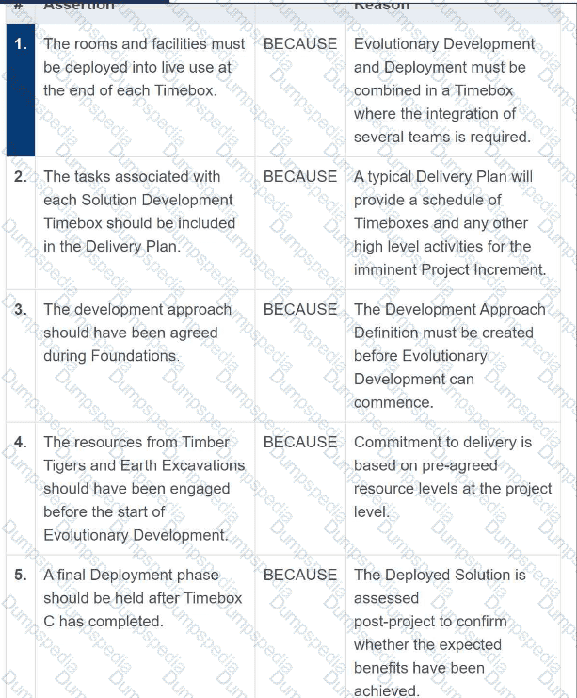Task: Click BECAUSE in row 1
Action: tap(299, 43)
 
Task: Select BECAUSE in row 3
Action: tap(299, 309)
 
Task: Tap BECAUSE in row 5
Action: tap(299, 575)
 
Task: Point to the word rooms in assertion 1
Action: tap(95, 43)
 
